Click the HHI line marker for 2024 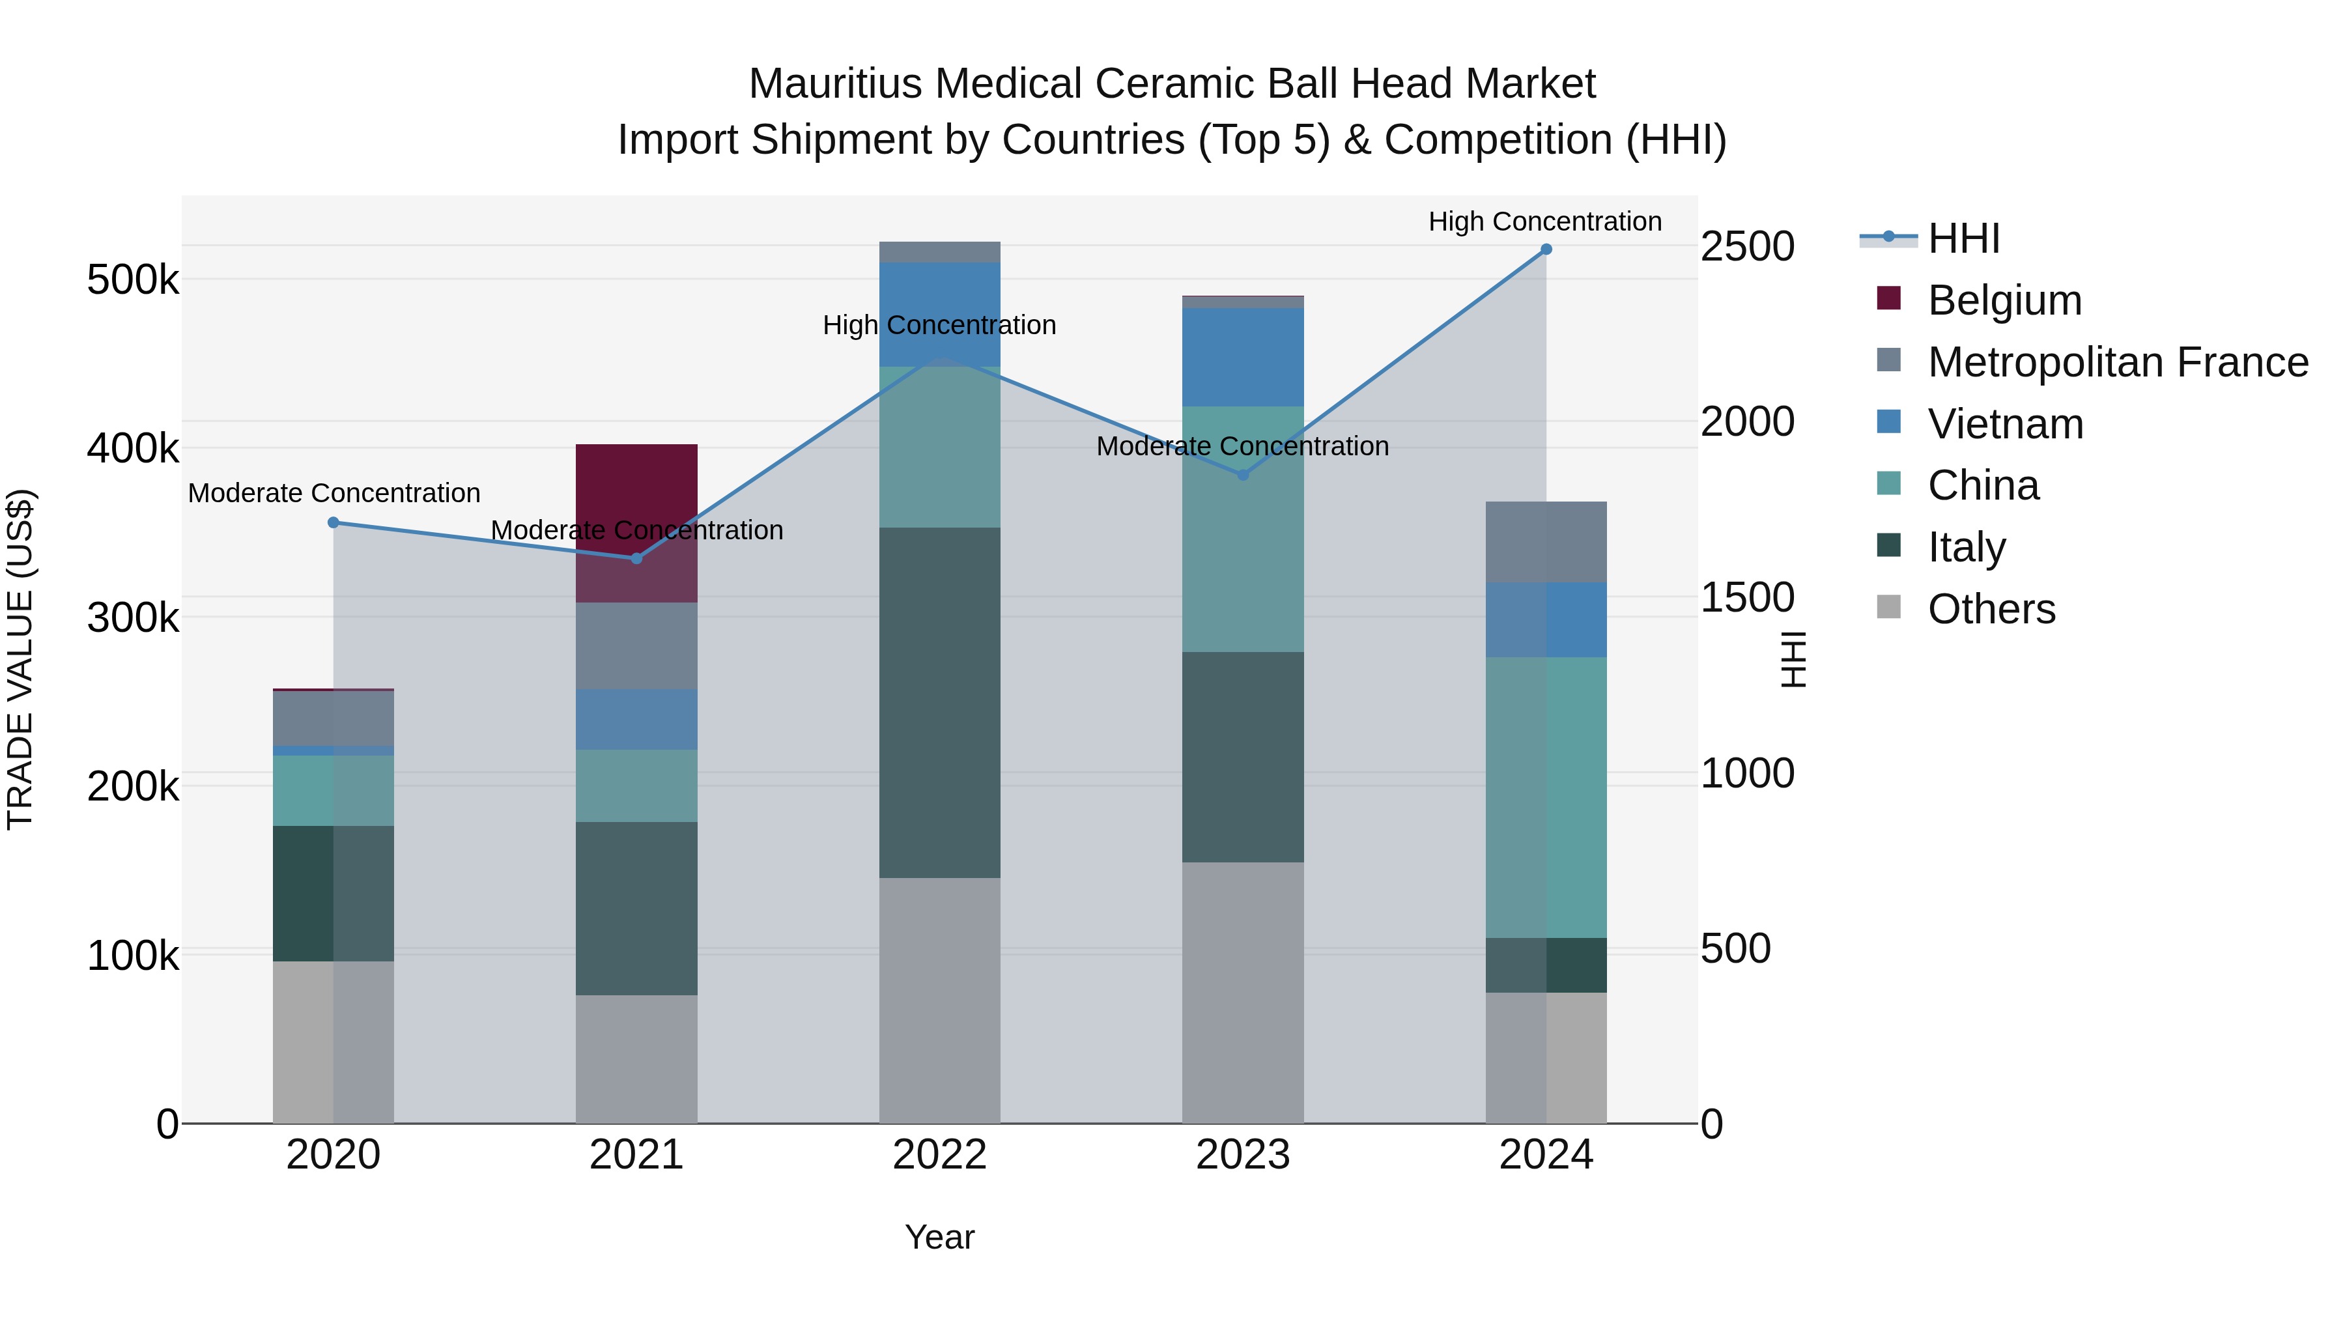click(1546, 249)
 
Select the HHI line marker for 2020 click(333, 522)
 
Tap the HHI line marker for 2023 click(1243, 474)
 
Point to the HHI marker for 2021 click(636, 558)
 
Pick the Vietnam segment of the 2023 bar click(1243, 357)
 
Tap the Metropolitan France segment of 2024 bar click(1546, 542)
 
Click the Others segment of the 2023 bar click(1243, 992)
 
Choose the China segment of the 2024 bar click(1546, 797)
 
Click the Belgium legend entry click(2004, 300)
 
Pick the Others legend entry click(1991, 609)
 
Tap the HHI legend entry click(1963, 238)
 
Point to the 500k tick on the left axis click(133, 280)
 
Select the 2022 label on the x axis click(939, 1155)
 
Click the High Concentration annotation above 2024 click(1545, 221)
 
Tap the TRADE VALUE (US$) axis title click(20, 659)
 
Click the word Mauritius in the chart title click(835, 84)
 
